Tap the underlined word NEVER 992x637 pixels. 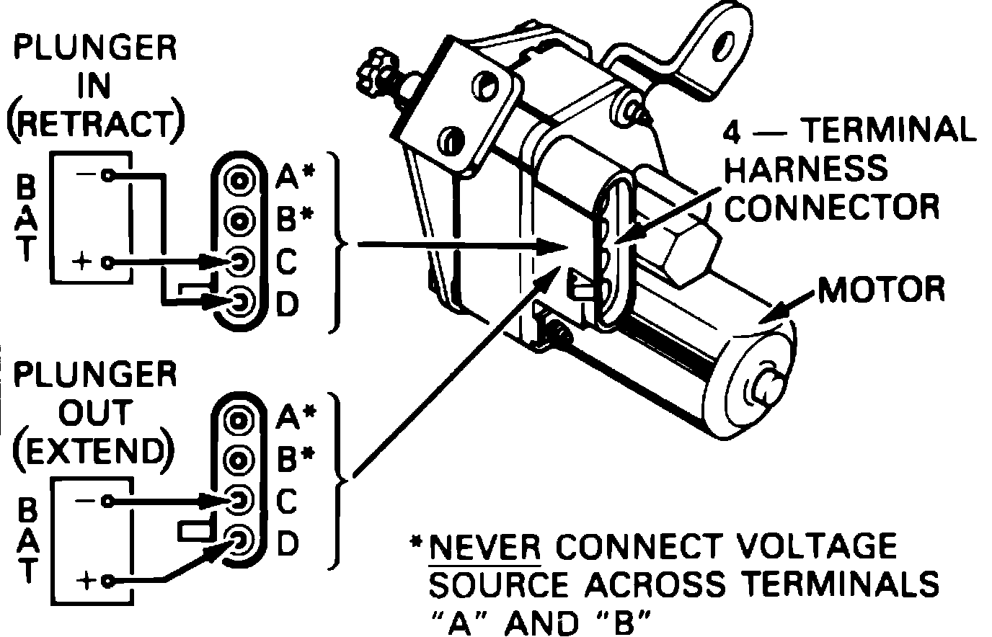point(484,546)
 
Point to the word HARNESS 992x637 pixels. point(806,169)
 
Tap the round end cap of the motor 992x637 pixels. point(761,389)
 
